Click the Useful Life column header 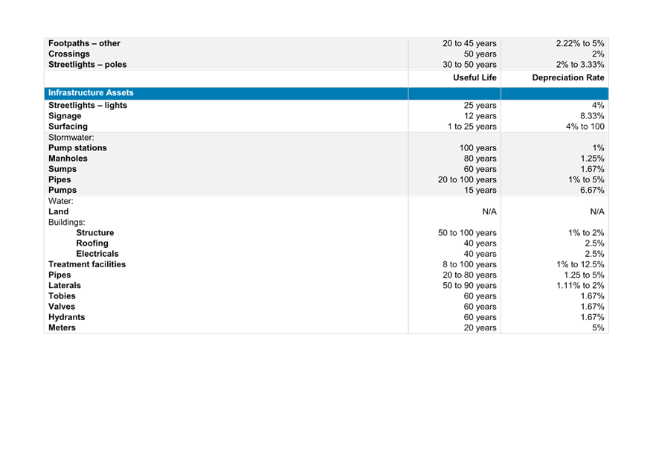click(x=474, y=77)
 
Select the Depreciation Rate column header click(x=568, y=77)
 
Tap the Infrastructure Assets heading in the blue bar click(x=91, y=92)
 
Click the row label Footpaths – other click(x=84, y=43)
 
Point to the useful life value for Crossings click(x=480, y=54)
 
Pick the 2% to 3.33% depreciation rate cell click(x=580, y=64)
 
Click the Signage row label click(x=65, y=116)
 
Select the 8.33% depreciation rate click(x=592, y=115)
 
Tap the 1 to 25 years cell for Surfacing click(x=472, y=127)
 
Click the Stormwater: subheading click(x=71, y=137)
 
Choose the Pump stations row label click(x=77, y=148)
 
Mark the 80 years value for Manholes click(x=480, y=159)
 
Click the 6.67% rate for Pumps click(x=592, y=190)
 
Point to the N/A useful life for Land click(x=489, y=211)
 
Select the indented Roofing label click(x=92, y=243)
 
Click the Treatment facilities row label click(x=87, y=264)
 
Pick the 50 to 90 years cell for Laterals click(x=469, y=285)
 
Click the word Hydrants click(x=67, y=317)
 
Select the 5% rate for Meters click(x=598, y=328)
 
